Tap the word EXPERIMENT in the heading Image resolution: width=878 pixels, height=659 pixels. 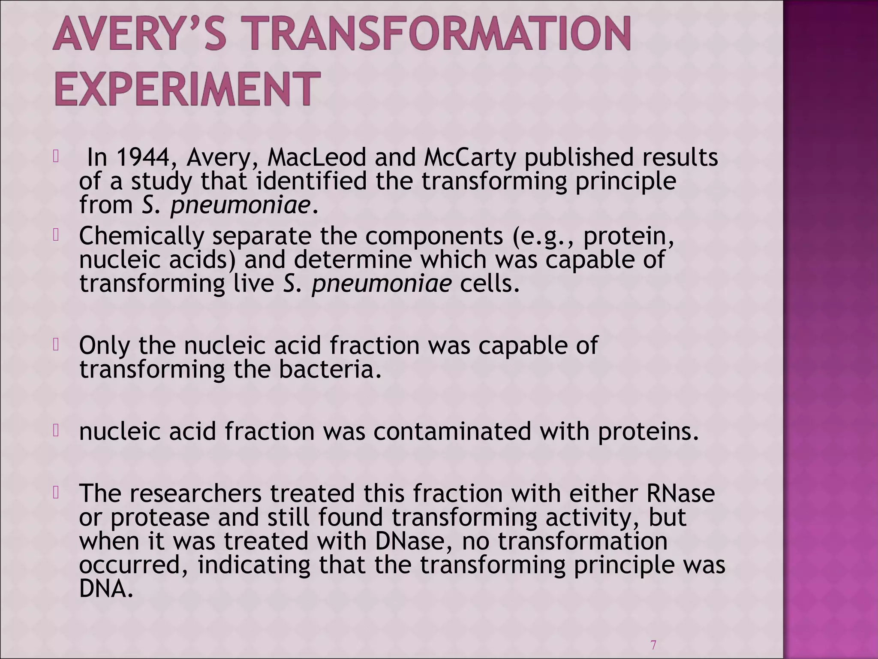pos(187,89)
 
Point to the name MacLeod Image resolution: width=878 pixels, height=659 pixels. pos(316,157)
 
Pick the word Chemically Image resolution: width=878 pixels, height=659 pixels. pos(142,236)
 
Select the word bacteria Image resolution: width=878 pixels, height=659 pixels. pos(330,370)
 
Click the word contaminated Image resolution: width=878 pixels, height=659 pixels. pos(452,431)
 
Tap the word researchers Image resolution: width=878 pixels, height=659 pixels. pos(195,493)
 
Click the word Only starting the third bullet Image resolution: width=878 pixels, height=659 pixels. pos(104,346)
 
